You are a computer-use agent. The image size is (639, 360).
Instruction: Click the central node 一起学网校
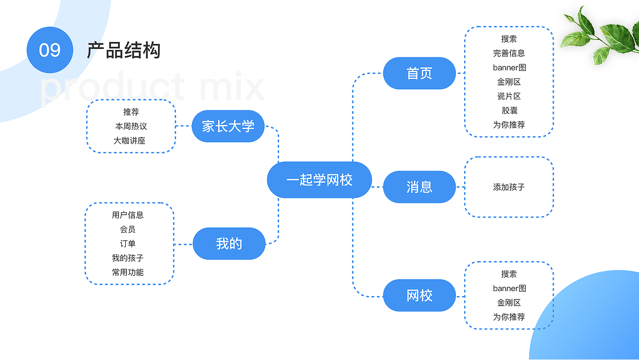319,180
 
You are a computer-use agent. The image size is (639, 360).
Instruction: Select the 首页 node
419,73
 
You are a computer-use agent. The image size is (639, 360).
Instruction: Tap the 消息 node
419,187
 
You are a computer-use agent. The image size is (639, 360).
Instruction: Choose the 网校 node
419,296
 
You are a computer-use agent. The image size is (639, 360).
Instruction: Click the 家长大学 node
228,126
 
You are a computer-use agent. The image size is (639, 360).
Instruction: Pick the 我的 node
229,244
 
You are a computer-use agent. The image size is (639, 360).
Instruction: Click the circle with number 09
50,50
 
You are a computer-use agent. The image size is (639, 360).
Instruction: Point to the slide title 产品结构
124,50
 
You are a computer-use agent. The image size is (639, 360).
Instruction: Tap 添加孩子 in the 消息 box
509,187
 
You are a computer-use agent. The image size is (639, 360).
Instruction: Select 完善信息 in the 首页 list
509,53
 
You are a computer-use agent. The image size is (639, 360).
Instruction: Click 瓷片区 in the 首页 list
509,96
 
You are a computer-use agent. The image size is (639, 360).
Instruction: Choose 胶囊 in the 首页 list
509,110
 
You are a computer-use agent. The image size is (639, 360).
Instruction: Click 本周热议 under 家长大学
131,126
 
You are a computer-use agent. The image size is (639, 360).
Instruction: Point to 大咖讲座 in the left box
129,141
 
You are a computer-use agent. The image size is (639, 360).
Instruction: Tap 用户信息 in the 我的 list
128,215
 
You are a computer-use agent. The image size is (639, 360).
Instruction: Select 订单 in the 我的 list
128,244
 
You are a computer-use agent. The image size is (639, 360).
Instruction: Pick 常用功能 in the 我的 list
128,272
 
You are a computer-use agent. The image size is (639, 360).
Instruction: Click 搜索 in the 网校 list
509,274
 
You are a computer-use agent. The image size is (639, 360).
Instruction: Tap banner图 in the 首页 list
509,67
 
